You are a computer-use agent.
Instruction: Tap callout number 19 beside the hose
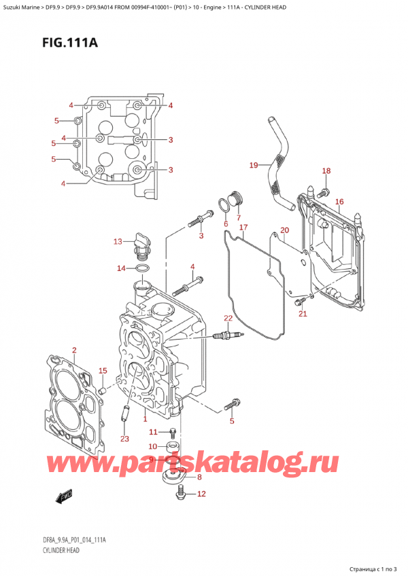coord(253,165)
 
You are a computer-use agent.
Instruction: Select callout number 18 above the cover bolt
coord(326,170)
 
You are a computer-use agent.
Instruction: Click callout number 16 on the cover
coord(339,202)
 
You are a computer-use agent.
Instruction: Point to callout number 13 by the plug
coord(118,242)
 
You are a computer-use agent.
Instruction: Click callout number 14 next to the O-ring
coord(121,268)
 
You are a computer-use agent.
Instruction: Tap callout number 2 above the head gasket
coord(74,350)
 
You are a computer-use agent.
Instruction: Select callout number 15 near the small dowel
coord(103,370)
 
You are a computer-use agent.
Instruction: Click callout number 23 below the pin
coord(124,439)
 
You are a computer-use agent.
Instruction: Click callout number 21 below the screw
coord(303,313)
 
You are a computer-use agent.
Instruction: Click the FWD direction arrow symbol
coord(65,497)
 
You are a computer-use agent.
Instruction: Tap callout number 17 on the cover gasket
coord(243,227)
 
